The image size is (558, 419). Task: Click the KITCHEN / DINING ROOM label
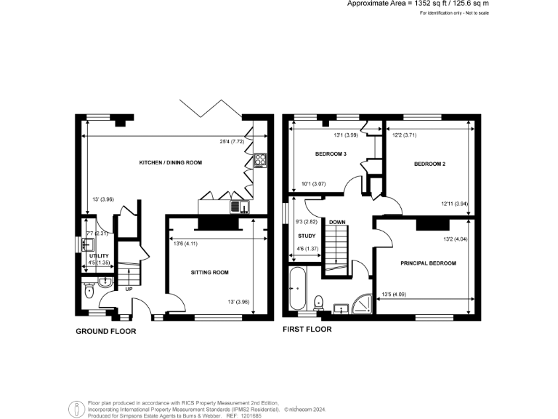point(170,162)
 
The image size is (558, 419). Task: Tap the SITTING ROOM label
point(209,273)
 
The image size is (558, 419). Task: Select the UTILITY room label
point(99,257)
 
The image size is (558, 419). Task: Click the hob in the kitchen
point(259,160)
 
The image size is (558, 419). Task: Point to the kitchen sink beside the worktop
point(237,207)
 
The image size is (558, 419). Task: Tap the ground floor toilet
point(89,291)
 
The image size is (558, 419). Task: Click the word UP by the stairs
point(129,289)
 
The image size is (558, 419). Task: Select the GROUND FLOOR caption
point(105,331)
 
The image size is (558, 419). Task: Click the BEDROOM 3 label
point(331,155)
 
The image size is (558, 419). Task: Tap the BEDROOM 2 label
point(429,164)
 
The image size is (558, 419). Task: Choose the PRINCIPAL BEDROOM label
point(428,263)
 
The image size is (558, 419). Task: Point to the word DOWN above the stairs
point(336,222)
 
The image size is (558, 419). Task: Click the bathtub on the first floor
point(298,290)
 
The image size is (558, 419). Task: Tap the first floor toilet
point(318,301)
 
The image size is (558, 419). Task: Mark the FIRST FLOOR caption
point(307,329)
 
